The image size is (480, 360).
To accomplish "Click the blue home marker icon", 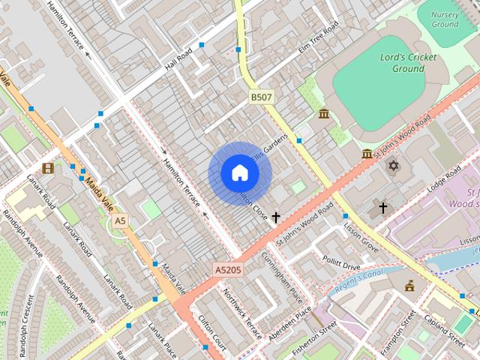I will (x=239, y=173).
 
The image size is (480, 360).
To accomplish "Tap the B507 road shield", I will (x=262, y=97).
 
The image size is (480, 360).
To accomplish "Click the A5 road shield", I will (x=120, y=221).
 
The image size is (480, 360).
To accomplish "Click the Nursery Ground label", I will (x=445, y=19).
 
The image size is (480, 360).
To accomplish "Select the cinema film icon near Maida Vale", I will (x=48, y=168).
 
